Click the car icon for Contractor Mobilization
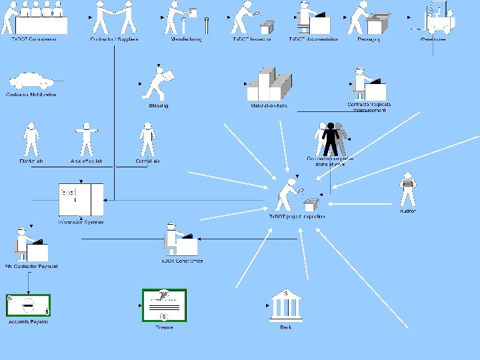(30, 81)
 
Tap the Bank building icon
(285, 305)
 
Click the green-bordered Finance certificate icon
(164, 305)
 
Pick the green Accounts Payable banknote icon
(28, 305)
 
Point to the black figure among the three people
(331, 139)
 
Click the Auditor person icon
(407, 190)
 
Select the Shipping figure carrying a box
(159, 83)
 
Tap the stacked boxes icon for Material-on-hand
(269, 85)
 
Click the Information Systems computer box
(81, 200)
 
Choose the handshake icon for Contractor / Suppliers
(114, 17)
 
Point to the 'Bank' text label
(286, 327)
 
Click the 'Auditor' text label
(407, 211)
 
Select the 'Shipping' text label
(158, 105)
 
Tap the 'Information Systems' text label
(81, 222)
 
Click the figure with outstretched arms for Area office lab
(87, 139)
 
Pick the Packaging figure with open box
(369, 18)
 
